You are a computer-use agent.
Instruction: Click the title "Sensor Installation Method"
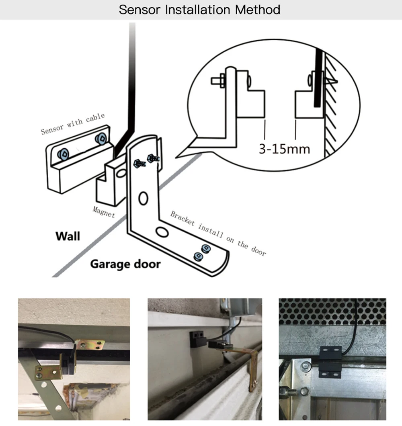(x=199, y=10)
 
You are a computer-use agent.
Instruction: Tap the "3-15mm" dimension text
(x=284, y=149)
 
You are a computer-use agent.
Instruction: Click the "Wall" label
(x=68, y=236)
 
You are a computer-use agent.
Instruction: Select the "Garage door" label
(x=125, y=264)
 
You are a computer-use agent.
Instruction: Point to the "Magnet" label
(x=104, y=211)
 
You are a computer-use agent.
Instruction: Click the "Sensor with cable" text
(x=73, y=123)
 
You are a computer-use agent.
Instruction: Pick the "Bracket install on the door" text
(x=218, y=233)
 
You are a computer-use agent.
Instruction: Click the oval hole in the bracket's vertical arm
(x=144, y=198)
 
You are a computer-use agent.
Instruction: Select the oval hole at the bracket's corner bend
(x=162, y=232)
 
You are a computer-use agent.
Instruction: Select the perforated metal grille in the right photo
(x=332, y=311)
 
